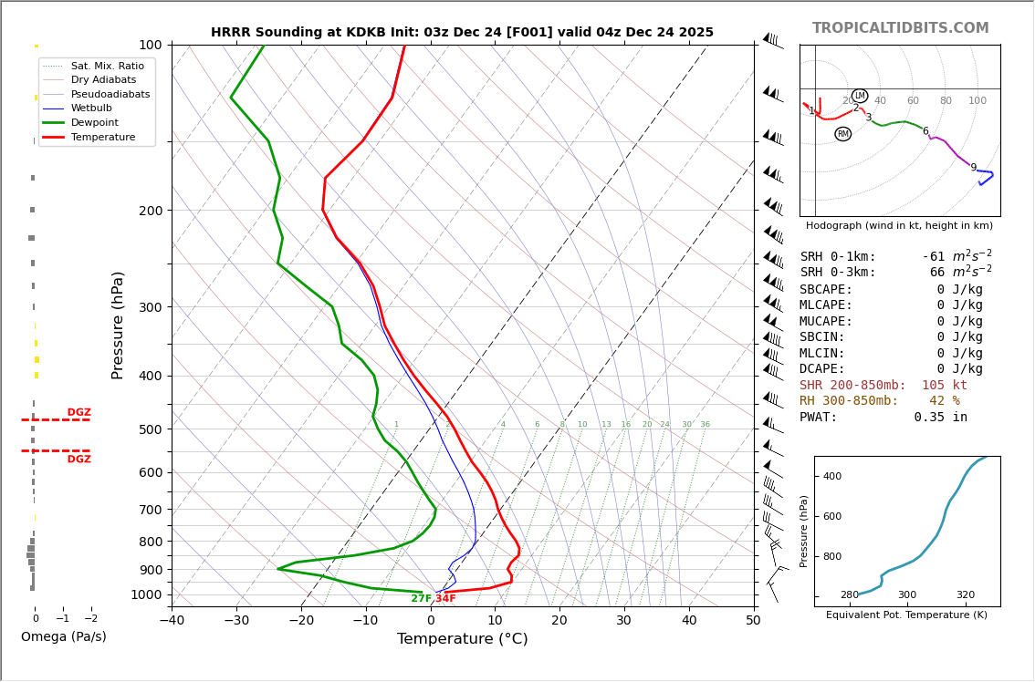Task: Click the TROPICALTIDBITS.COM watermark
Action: (900, 28)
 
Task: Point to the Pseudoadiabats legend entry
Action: (110, 94)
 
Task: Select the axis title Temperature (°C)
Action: (462, 639)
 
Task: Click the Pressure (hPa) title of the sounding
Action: (118, 325)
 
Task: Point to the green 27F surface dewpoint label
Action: (421, 599)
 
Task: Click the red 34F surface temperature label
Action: (445, 599)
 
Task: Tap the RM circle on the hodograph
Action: (842, 134)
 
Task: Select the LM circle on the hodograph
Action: (859, 96)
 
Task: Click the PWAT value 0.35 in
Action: (940, 418)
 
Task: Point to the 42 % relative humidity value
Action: (944, 401)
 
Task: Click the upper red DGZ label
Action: (78, 413)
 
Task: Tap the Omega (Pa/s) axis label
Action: (63, 637)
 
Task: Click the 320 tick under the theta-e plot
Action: (965, 595)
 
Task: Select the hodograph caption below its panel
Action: (899, 226)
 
